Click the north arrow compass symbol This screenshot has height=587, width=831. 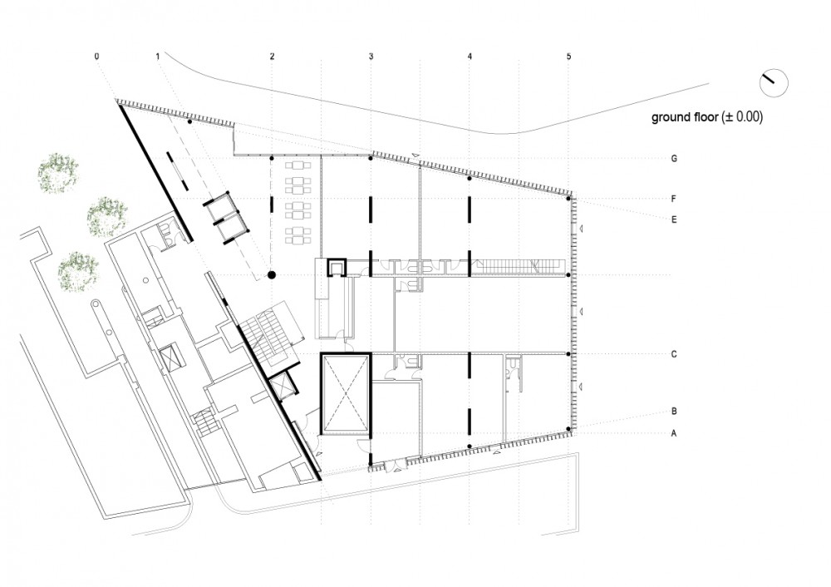coord(774,83)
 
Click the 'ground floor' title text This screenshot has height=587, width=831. coord(684,117)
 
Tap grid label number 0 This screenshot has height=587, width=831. coord(96,57)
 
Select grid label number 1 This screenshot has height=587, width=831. coord(157,57)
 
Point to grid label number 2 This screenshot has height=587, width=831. coord(272,57)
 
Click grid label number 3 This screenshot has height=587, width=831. coord(371,57)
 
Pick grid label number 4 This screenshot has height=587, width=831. coord(470,57)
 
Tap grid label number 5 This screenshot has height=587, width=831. coord(568,57)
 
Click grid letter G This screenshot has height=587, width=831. coord(674,159)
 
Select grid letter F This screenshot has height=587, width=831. coord(674,199)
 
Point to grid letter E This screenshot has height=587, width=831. coord(674,219)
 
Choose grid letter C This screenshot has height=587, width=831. coord(674,354)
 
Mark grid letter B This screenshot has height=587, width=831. coord(674,411)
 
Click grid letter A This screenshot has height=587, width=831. coord(674,433)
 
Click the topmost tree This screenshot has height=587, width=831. coord(58,173)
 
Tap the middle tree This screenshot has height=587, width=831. coord(106,216)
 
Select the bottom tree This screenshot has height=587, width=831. coord(78,272)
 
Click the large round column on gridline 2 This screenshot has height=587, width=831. coord(272,274)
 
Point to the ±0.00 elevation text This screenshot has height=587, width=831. coord(742,117)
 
